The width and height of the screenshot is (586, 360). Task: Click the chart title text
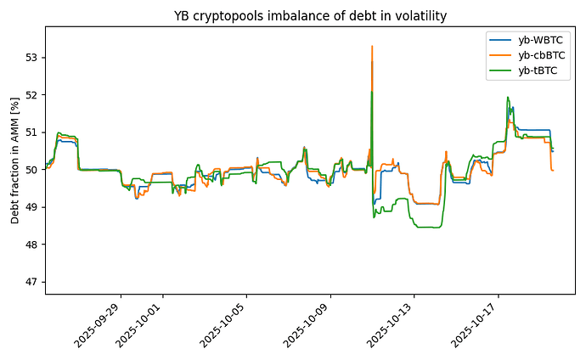(x=310, y=15)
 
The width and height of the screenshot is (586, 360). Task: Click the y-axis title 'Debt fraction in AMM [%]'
(x=14, y=160)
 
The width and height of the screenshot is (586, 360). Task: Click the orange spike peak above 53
(x=372, y=47)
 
